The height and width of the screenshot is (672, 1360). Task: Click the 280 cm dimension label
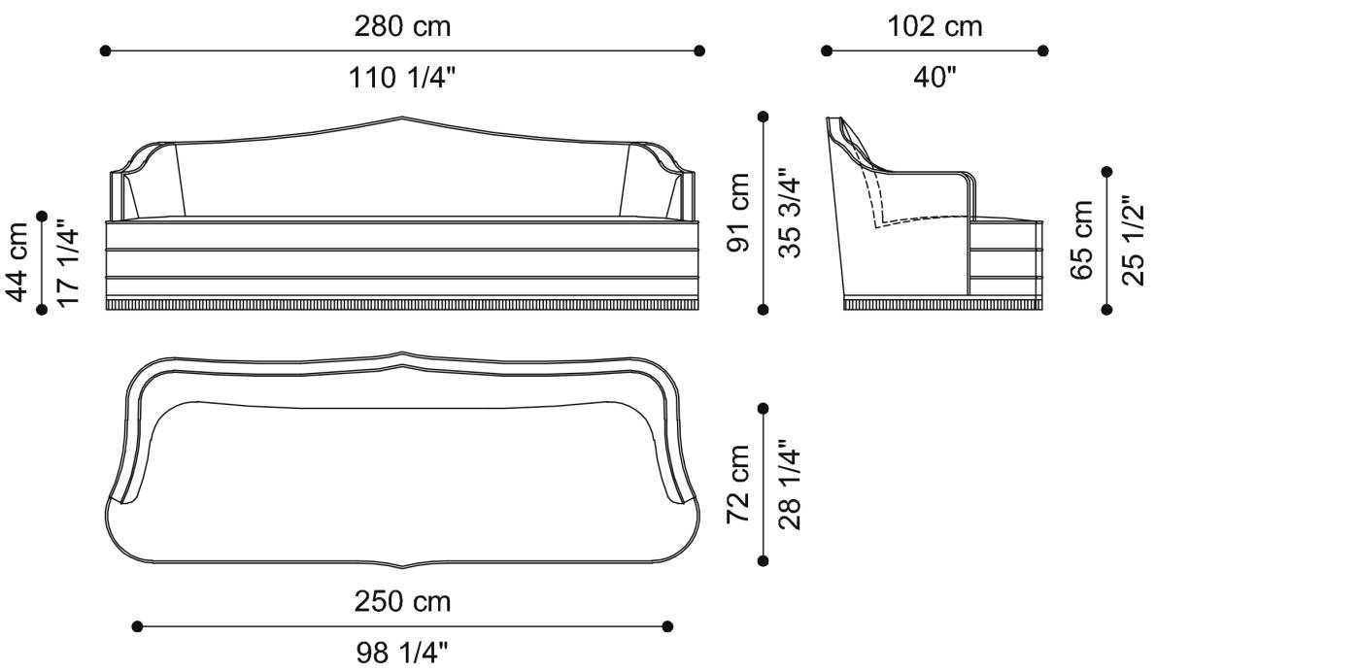tap(402, 26)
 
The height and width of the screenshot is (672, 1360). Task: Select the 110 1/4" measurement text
tap(402, 79)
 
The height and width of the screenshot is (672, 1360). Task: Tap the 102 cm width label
tap(935, 26)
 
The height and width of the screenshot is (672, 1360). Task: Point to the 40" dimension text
tap(935, 79)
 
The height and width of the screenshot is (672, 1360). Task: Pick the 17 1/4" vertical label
tap(67, 262)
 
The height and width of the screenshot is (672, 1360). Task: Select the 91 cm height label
tap(740, 213)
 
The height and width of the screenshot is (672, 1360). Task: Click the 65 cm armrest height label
tap(1082, 240)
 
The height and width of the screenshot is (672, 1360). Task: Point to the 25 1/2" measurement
tap(1132, 240)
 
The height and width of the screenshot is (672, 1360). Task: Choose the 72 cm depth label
tap(740, 484)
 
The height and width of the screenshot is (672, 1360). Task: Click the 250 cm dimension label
tap(402, 601)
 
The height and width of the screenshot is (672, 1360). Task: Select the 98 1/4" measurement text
tap(402, 652)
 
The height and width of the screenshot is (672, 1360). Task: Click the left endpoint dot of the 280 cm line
tap(105, 50)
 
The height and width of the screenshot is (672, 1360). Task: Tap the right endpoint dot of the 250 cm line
tap(667, 626)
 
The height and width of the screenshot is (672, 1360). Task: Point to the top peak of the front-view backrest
tap(403, 118)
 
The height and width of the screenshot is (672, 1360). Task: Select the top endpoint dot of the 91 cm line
tap(764, 117)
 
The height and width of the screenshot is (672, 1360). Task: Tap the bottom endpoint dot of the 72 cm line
tap(764, 560)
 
